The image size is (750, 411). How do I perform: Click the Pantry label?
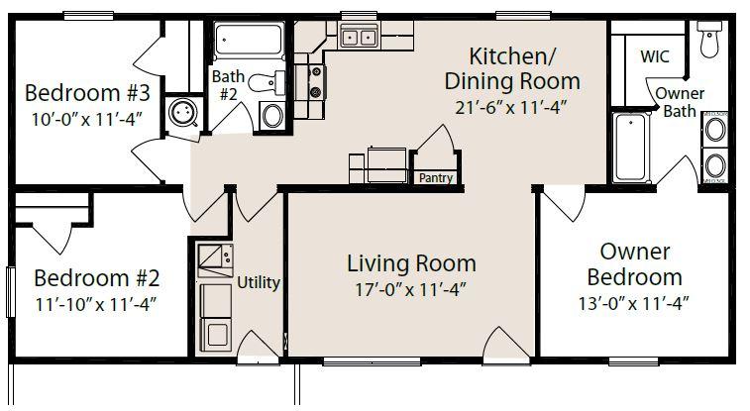[x=436, y=178]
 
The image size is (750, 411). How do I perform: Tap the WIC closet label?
[x=655, y=56]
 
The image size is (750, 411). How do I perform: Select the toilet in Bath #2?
[x=267, y=82]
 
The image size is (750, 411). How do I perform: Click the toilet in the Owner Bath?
[x=709, y=40]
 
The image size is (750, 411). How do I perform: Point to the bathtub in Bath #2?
[x=249, y=41]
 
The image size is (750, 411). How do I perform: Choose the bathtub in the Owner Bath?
[x=631, y=147]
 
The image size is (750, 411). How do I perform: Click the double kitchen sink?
[x=359, y=37]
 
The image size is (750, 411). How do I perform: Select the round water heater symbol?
[x=183, y=112]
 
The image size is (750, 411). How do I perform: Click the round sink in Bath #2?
[x=272, y=115]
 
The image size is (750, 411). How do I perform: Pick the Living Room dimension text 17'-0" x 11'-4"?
[x=411, y=289]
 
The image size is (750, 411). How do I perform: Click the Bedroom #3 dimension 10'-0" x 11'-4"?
[x=87, y=119]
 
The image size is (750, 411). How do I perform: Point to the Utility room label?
[x=259, y=282]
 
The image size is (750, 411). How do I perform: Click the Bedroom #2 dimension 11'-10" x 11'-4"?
[x=96, y=304]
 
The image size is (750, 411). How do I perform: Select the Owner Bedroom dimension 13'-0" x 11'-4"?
[x=634, y=303]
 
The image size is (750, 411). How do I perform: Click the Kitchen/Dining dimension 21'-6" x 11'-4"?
[x=511, y=108]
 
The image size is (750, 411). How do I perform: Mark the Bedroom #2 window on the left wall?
[x=10, y=291]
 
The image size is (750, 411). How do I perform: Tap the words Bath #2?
[x=228, y=85]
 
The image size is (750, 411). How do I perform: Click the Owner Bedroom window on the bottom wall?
[x=633, y=360]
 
